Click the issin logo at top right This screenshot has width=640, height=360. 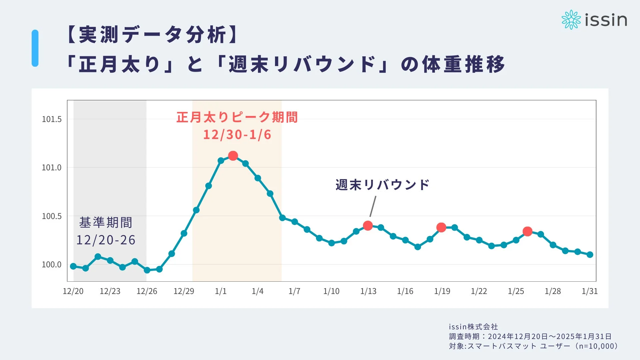[594, 20]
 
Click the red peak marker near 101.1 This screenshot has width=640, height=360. [233, 156]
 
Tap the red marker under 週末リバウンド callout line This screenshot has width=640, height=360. [368, 226]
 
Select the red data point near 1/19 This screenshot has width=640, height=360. [441, 228]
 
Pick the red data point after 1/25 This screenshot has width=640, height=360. [527, 231]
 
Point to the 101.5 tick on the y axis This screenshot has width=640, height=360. [52, 119]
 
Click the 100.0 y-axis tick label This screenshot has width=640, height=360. [52, 265]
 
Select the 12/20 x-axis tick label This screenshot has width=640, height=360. [73, 291]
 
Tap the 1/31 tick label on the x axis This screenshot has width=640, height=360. [589, 291]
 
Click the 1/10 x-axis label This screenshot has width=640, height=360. [331, 291]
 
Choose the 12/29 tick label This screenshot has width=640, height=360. [184, 291]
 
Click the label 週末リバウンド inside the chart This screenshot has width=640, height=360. [382, 185]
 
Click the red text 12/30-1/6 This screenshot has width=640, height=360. [237, 135]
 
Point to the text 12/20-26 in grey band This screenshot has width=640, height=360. [106, 240]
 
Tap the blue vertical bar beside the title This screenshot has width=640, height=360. [35, 48]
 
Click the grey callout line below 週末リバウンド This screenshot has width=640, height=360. [373, 206]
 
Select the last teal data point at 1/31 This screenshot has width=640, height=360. [590, 255]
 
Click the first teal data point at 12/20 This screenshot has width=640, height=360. [73, 266]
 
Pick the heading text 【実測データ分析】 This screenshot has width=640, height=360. [152, 35]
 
